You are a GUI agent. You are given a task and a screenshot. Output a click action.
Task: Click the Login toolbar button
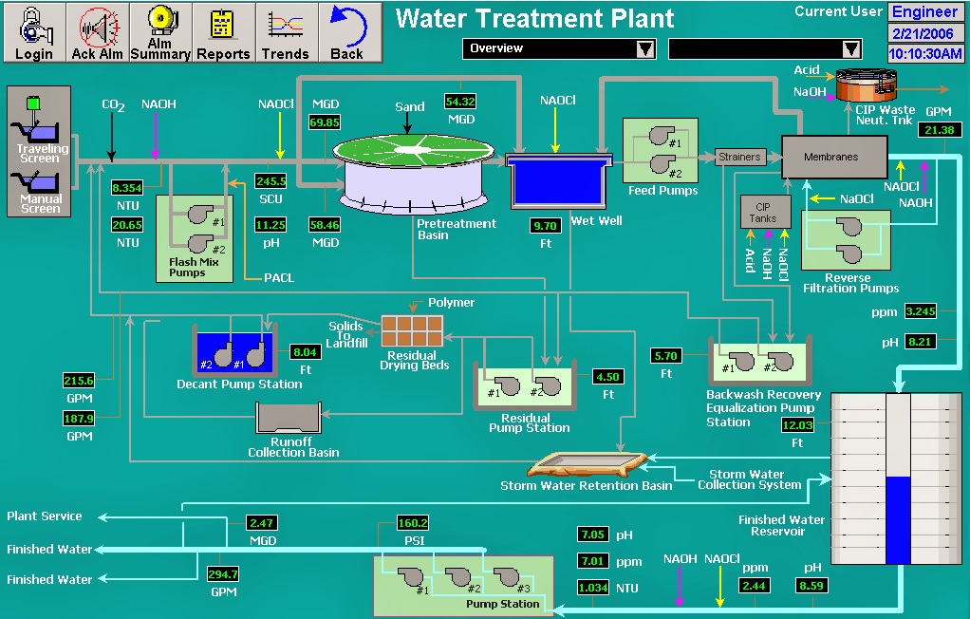click(x=34, y=32)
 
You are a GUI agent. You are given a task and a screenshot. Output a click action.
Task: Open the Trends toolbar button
click(x=285, y=32)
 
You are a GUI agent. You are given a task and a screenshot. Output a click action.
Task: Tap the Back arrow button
click(x=348, y=32)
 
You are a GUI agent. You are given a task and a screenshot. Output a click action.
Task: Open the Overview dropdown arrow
click(x=645, y=48)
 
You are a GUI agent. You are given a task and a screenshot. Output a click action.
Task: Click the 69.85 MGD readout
click(x=325, y=122)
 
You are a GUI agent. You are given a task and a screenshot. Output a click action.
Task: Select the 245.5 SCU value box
click(x=270, y=180)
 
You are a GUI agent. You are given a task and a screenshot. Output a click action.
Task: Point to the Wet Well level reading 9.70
click(x=546, y=226)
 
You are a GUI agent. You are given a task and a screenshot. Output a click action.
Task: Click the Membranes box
click(x=833, y=157)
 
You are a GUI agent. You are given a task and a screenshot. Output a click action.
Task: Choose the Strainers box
click(x=739, y=157)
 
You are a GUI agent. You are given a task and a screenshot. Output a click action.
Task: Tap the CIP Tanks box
click(x=765, y=212)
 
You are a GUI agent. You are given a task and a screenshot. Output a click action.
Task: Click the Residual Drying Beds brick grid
click(x=412, y=330)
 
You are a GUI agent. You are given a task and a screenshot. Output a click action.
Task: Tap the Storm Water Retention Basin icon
click(x=586, y=463)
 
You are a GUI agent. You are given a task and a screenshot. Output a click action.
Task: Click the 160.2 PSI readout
click(x=413, y=523)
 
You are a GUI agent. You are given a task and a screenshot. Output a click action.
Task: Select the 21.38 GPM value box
click(x=939, y=130)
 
